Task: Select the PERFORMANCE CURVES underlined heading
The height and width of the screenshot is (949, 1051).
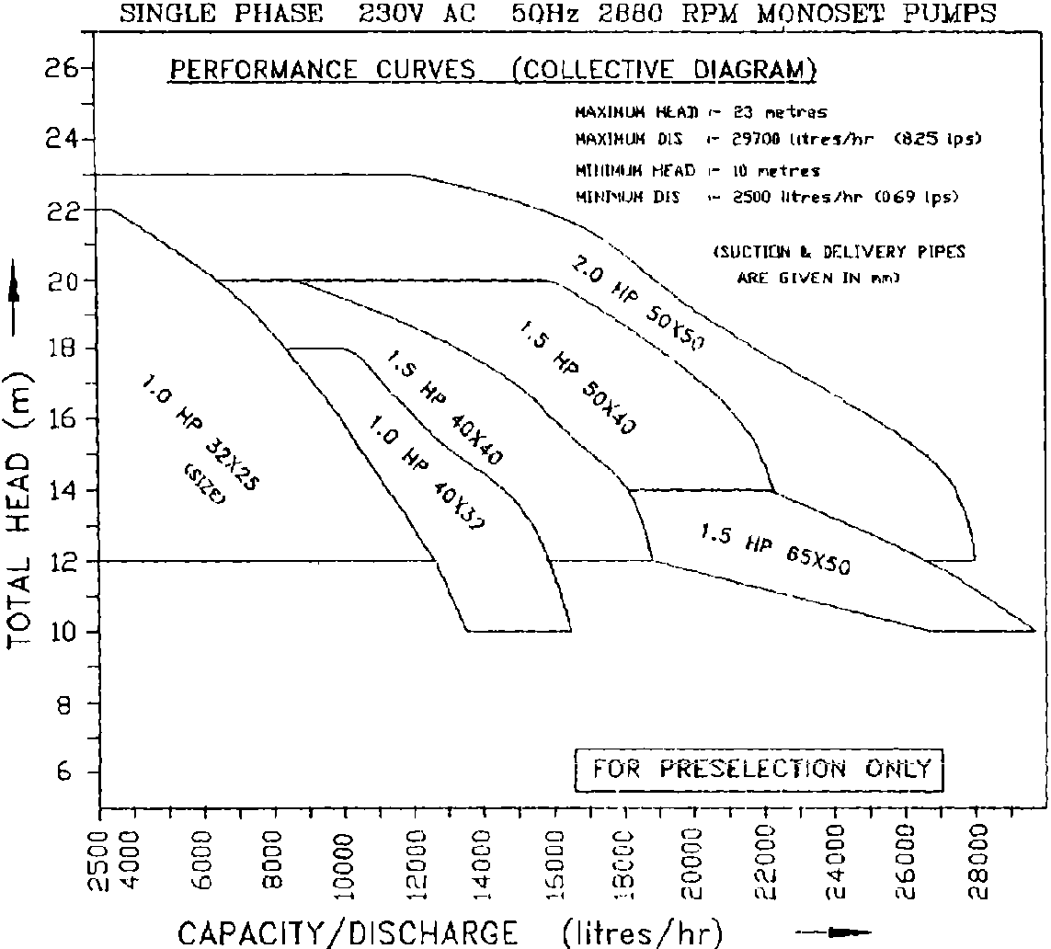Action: (322, 71)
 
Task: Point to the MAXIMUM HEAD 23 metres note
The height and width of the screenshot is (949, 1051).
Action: (701, 112)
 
